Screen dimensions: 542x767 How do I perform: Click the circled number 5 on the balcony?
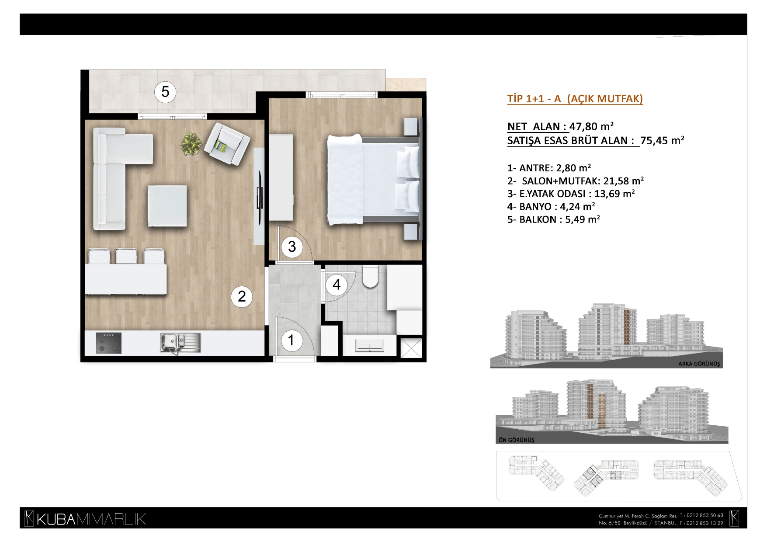(165, 92)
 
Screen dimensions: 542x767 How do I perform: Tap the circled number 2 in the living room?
(242, 297)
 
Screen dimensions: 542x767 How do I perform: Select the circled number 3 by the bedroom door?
(292, 247)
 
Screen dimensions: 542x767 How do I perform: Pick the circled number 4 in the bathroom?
(337, 285)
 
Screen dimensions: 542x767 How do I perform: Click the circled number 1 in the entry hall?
(291, 340)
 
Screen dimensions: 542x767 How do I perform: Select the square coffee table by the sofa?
(167, 205)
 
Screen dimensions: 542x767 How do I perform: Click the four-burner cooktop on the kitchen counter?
(108, 343)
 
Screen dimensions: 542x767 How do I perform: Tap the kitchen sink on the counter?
(180, 342)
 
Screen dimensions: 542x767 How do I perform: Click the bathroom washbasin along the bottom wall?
(370, 346)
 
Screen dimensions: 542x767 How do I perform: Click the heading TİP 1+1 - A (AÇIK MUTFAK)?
(575, 99)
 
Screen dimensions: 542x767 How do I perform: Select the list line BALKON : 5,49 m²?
(553, 219)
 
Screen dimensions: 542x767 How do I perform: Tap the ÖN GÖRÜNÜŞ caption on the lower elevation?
(516, 440)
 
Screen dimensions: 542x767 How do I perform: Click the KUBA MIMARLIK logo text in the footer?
(85, 519)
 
